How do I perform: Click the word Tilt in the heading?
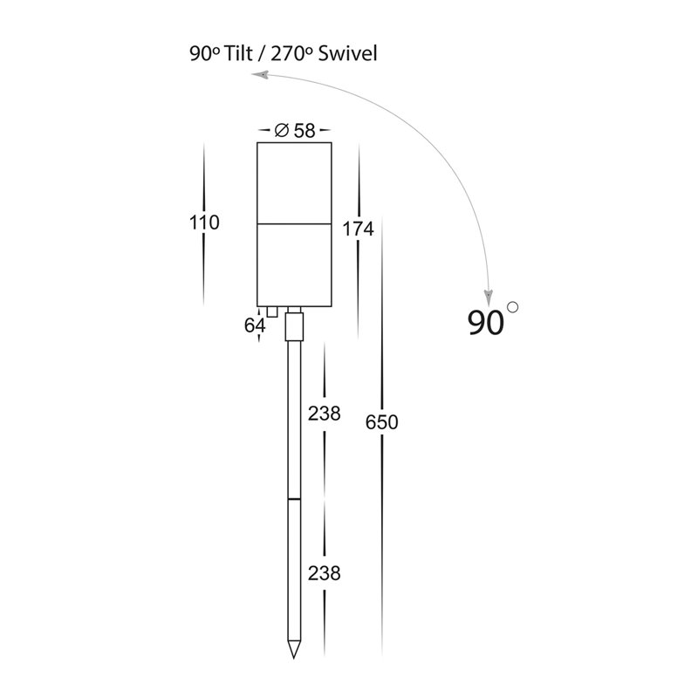237,54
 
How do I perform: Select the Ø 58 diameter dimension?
295,130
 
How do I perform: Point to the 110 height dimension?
204,222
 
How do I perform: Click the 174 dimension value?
358,229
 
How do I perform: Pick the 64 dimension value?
255,325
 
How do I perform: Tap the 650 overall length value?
381,422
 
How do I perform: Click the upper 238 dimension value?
324,414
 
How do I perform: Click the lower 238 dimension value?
324,573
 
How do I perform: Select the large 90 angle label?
486,322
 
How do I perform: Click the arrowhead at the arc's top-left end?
260,75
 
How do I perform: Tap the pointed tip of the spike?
294,658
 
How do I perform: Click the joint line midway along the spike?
294,498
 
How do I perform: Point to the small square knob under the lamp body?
272,311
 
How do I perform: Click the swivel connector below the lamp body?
294,326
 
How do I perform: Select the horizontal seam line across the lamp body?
294,223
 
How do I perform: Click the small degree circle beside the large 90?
513,307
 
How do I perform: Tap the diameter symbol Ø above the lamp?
281,130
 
